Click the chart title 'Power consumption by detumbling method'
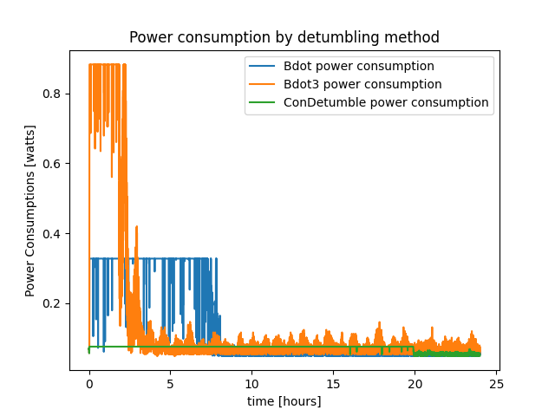click(284, 37)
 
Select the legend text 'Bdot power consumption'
click(359, 66)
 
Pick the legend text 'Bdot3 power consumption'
click(362, 84)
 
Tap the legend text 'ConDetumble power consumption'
click(386, 102)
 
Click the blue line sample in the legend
click(263, 66)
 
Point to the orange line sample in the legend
click(263, 84)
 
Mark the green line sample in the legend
click(263, 102)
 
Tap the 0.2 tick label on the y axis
click(55, 303)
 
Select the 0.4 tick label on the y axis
click(55, 233)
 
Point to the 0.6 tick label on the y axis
click(55, 163)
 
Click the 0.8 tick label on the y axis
click(55, 93)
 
